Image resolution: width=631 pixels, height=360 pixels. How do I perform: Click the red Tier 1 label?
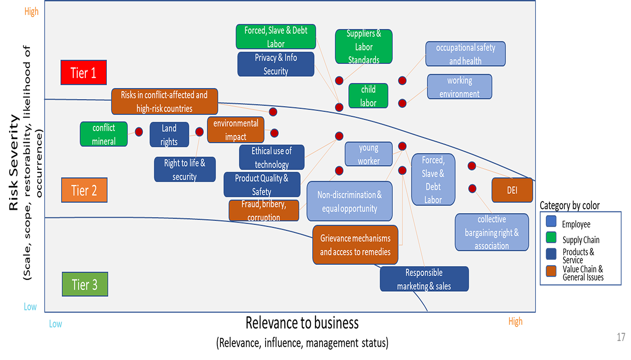click(x=83, y=72)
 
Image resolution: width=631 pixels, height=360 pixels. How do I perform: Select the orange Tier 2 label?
click(x=84, y=190)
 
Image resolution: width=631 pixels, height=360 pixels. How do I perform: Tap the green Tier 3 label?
click(x=85, y=285)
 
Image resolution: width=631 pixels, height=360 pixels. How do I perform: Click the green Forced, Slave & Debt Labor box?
click(x=276, y=36)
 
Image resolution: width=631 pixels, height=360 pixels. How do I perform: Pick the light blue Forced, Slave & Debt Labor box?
click(x=433, y=180)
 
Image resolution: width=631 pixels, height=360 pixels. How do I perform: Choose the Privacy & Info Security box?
click(x=276, y=64)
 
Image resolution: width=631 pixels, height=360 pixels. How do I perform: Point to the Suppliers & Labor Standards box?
click(x=363, y=46)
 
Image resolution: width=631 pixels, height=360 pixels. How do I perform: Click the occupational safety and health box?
click(x=465, y=53)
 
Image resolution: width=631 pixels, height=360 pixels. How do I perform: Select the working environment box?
click(x=459, y=87)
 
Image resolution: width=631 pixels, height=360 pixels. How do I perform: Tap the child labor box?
click(x=368, y=96)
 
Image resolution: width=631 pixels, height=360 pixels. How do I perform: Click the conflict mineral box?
click(x=104, y=134)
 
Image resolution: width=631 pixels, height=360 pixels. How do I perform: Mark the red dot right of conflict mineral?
click(x=139, y=132)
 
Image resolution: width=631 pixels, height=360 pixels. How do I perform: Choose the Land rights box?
click(x=169, y=135)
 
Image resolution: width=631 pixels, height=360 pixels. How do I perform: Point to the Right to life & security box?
click(x=184, y=169)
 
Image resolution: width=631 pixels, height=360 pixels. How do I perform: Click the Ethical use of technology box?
click(x=272, y=157)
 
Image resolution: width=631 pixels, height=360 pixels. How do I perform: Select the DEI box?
click(x=512, y=190)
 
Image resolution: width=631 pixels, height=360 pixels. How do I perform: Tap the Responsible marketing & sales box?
click(x=424, y=279)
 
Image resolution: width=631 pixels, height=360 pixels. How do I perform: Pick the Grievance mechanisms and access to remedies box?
click(x=355, y=245)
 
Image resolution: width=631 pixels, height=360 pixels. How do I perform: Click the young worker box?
click(x=369, y=154)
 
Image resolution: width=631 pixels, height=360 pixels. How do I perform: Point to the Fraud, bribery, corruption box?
click(x=264, y=210)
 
